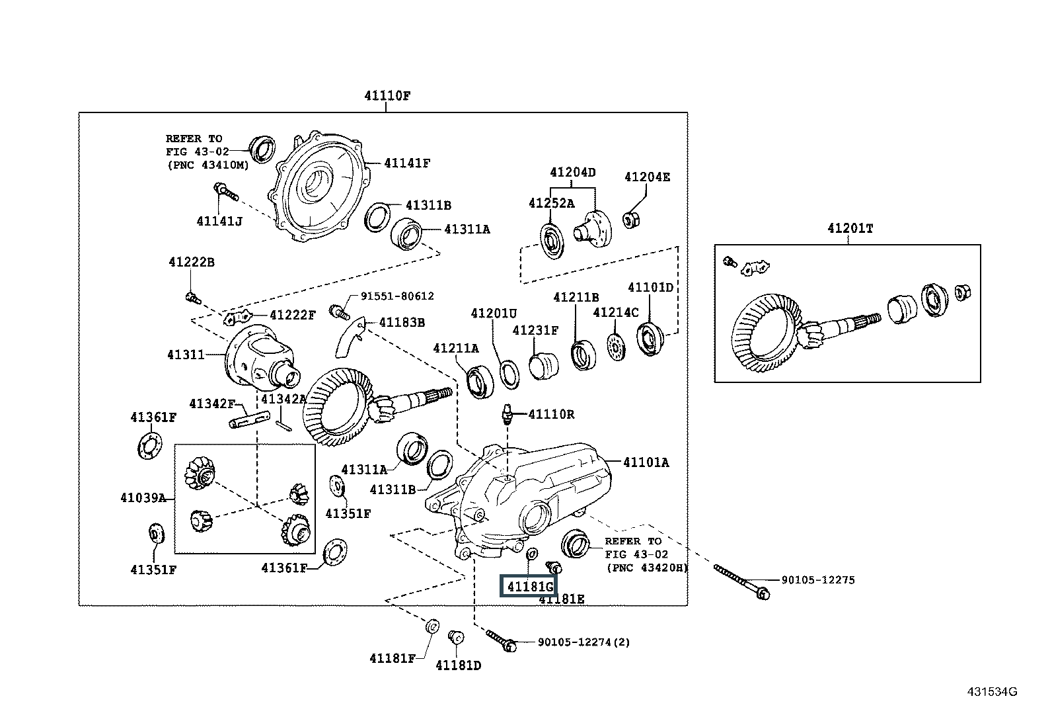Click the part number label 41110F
387,96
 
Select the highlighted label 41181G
529,586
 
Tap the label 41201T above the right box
850,228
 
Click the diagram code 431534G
992,692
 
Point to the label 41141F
406,163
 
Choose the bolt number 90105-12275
817,580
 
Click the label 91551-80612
397,296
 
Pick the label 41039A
143,497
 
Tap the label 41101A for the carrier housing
646,462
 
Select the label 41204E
647,177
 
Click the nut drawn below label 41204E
631,219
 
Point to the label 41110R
551,415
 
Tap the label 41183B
401,322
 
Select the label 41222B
191,262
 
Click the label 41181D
458,665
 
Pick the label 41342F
211,403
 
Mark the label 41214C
616,312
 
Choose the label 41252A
551,203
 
